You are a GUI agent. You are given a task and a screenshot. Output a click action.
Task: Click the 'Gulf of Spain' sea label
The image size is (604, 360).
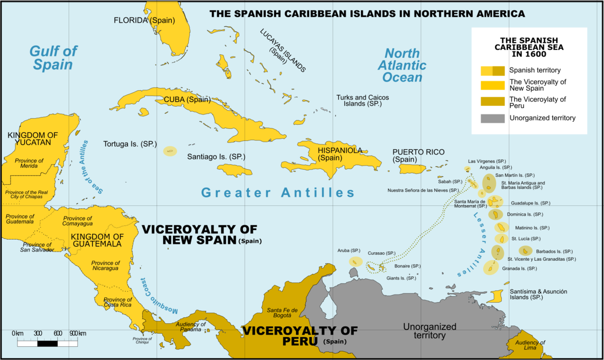click(53, 57)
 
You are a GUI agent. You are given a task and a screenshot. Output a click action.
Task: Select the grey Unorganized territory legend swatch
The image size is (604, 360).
click(492, 118)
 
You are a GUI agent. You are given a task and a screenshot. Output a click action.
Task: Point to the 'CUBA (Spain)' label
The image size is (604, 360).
click(187, 100)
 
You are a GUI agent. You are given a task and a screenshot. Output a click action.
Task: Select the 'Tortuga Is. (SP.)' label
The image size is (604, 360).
click(128, 143)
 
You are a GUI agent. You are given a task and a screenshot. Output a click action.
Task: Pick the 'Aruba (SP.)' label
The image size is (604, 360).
click(349, 250)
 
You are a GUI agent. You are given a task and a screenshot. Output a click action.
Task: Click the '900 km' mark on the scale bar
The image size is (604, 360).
click(78, 333)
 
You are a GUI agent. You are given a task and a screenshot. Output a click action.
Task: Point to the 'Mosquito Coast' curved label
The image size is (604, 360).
click(160, 297)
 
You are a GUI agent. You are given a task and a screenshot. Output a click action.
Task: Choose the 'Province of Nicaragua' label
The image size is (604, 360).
click(105, 266)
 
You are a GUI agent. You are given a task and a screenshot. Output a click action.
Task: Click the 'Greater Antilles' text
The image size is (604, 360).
click(277, 192)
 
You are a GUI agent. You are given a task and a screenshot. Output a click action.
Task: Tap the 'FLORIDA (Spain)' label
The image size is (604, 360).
click(137, 21)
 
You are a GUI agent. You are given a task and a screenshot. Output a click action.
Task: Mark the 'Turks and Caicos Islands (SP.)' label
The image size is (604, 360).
click(362, 100)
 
